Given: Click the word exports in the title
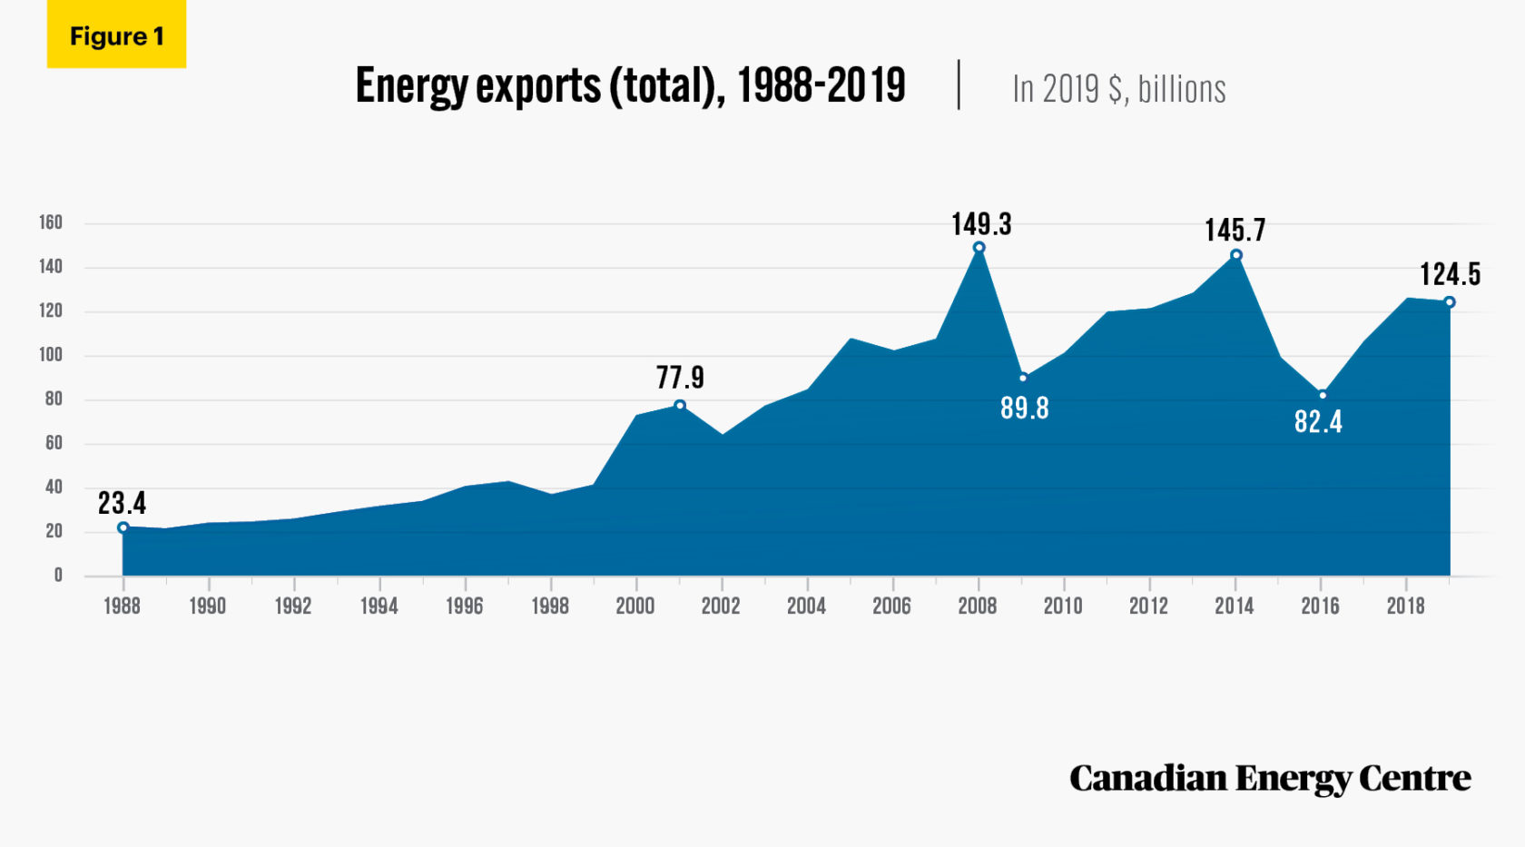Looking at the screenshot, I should click(537, 86).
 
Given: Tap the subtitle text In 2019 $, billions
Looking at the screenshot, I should click(1118, 89).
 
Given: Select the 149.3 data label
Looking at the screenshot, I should click(980, 224).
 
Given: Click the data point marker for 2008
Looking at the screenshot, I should click(979, 248).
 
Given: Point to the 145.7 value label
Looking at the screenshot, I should click(1235, 231).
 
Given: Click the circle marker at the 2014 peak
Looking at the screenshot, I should click(1235, 255).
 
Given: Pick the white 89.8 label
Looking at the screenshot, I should click(1024, 409).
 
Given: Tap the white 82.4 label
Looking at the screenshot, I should click(1317, 422).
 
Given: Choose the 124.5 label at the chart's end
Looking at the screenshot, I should click(1450, 274).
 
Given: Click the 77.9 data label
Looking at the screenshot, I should click(680, 378).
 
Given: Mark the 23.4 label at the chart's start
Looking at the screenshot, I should click(122, 503).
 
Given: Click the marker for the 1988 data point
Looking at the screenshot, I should click(123, 527).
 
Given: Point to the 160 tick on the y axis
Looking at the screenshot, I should click(51, 222).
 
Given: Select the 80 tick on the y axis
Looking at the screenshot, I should click(54, 399).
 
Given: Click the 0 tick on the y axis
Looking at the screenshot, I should click(58, 575).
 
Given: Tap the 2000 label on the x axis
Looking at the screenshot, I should click(635, 606).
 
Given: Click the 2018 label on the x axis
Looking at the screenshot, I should click(1405, 606).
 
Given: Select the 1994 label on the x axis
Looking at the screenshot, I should click(379, 606).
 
